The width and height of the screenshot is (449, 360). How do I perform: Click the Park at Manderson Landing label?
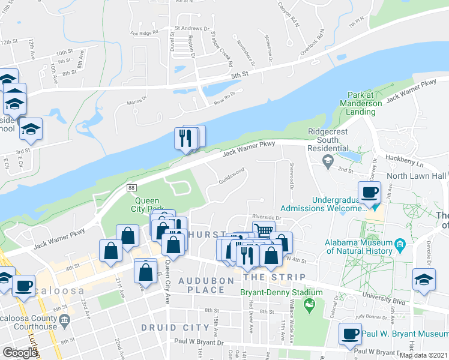[365, 103]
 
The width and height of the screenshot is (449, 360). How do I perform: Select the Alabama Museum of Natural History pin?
[401, 245]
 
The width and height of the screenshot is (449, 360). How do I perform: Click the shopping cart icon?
[264, 230]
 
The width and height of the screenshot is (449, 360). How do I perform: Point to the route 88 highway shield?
[131, 188]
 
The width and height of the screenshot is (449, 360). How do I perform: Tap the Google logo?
[20, 353]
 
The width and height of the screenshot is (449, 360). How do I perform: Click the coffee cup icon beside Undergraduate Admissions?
[369, 192]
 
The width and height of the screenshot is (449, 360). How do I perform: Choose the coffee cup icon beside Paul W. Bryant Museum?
[350, 334]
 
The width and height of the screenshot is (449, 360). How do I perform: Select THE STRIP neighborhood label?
[276, 277]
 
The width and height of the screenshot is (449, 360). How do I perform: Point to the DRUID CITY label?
[167, 328]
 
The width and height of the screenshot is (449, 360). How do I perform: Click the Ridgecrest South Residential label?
[328, 140]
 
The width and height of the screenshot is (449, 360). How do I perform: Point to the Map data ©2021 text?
[424, 355]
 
